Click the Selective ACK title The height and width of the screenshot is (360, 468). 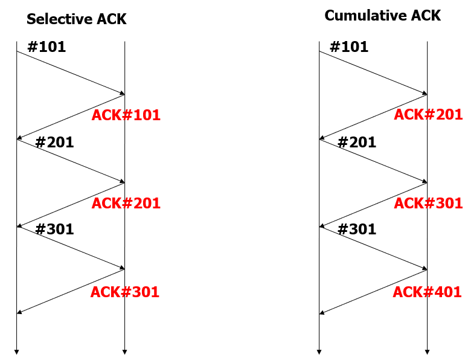[x=77, y=19]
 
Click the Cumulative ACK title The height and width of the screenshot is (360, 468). [x=383, y=16]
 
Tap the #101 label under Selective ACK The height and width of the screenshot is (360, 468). [x=46, y=47]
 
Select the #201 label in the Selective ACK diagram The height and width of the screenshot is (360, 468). [x=54, y=143]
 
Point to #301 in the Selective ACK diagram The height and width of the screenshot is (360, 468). [x=54, y=230]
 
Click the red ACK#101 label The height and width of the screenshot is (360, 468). [x=126, y=115]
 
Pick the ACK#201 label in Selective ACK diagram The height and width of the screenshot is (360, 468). [x=126, y=204]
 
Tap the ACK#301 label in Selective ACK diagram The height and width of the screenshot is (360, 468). [x=125, y=292]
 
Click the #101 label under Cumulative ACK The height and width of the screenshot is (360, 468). [x=349, y=47]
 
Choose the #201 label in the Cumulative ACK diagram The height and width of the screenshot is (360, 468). [x=357, y=143]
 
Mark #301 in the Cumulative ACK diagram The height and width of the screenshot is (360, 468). [x=357, y=230]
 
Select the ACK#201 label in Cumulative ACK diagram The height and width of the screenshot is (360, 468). [x=428, y=114]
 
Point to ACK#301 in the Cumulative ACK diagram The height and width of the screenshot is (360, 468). [x=428, y=203]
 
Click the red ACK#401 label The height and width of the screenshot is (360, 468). [x=428, y=293]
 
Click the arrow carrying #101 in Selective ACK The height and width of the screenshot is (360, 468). [x=71, y=72]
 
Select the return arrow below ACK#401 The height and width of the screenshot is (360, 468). [x=373, y=292]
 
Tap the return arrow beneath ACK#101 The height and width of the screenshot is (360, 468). [x=71, y=117]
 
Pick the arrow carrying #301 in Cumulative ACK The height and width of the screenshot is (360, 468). [x=373, y=248]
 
